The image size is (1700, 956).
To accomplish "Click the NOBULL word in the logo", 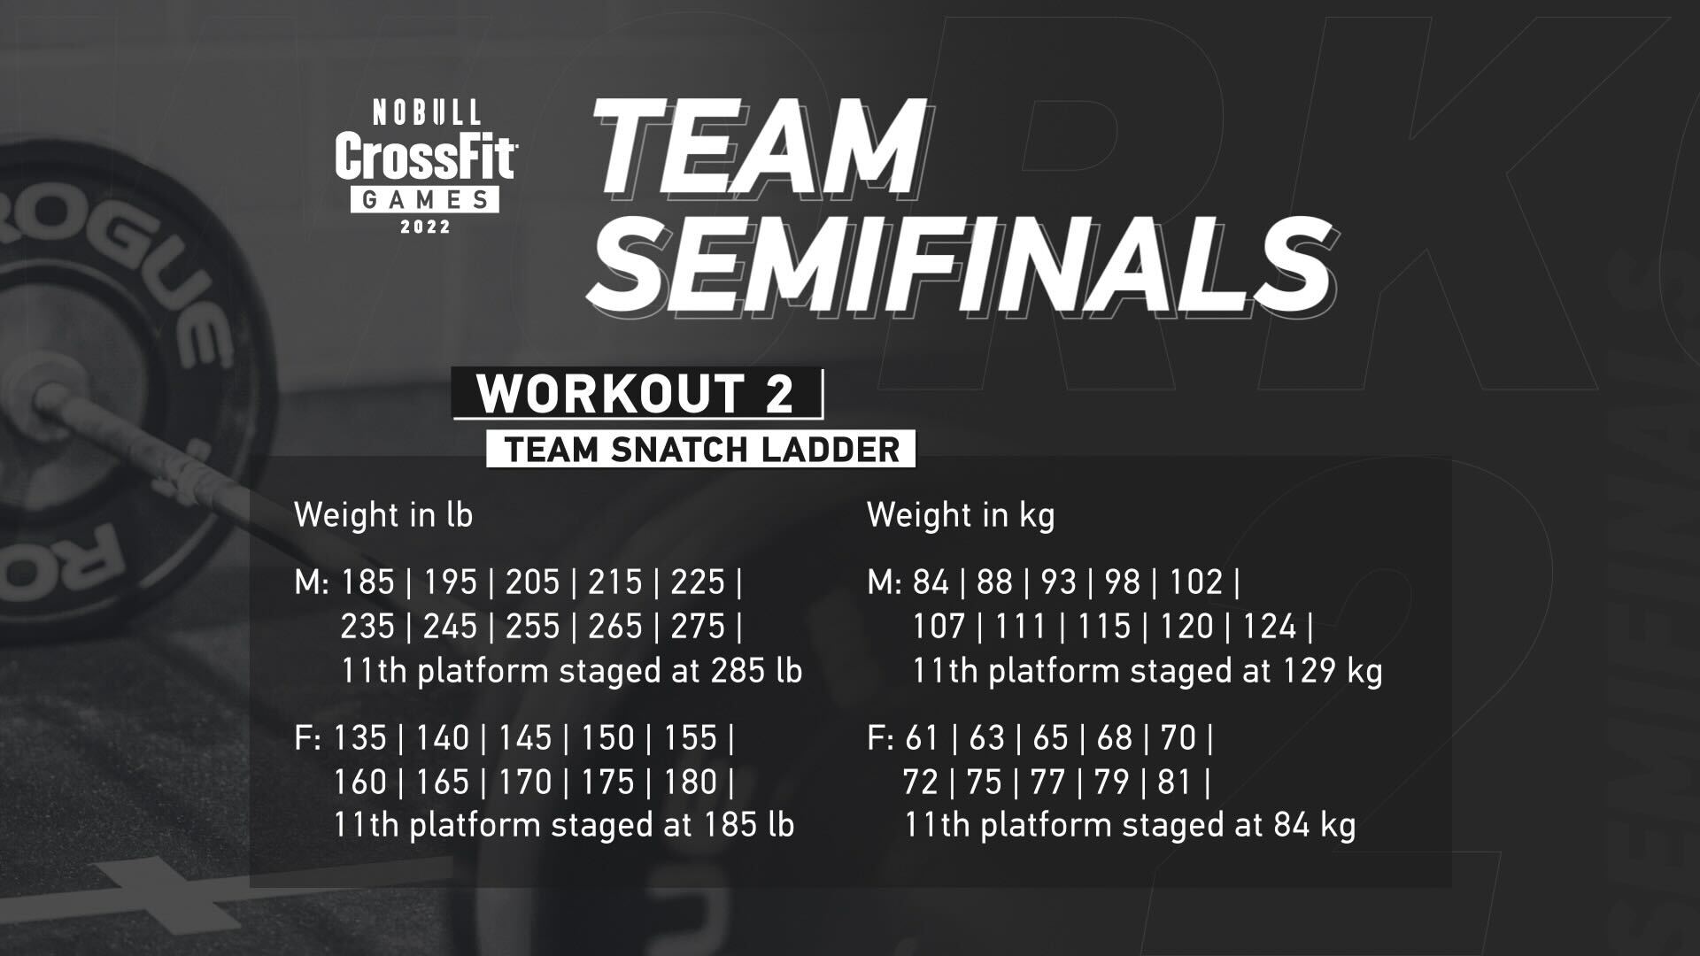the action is point(427,112).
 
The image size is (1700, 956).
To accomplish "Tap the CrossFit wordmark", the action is point(426,158).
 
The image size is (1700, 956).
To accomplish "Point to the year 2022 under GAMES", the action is point(426,227).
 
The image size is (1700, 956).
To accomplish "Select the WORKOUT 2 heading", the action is point(636,394).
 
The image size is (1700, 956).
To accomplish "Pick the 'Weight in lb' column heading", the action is point(383,515).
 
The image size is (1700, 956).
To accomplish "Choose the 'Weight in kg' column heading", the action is point(961,515).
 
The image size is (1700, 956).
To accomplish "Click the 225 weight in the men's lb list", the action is point(698,582).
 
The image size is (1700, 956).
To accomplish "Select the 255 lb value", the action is point(532,627).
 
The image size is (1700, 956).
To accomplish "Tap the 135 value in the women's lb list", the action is point(359,738).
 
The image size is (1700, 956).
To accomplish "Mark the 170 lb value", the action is point(525,783).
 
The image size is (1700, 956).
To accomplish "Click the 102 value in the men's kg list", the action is point(1196,582).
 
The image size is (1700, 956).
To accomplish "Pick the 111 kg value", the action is point(1021,627).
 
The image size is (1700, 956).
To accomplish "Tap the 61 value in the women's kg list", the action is point(921,738).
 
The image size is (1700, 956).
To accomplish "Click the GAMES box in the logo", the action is point(425,200).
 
